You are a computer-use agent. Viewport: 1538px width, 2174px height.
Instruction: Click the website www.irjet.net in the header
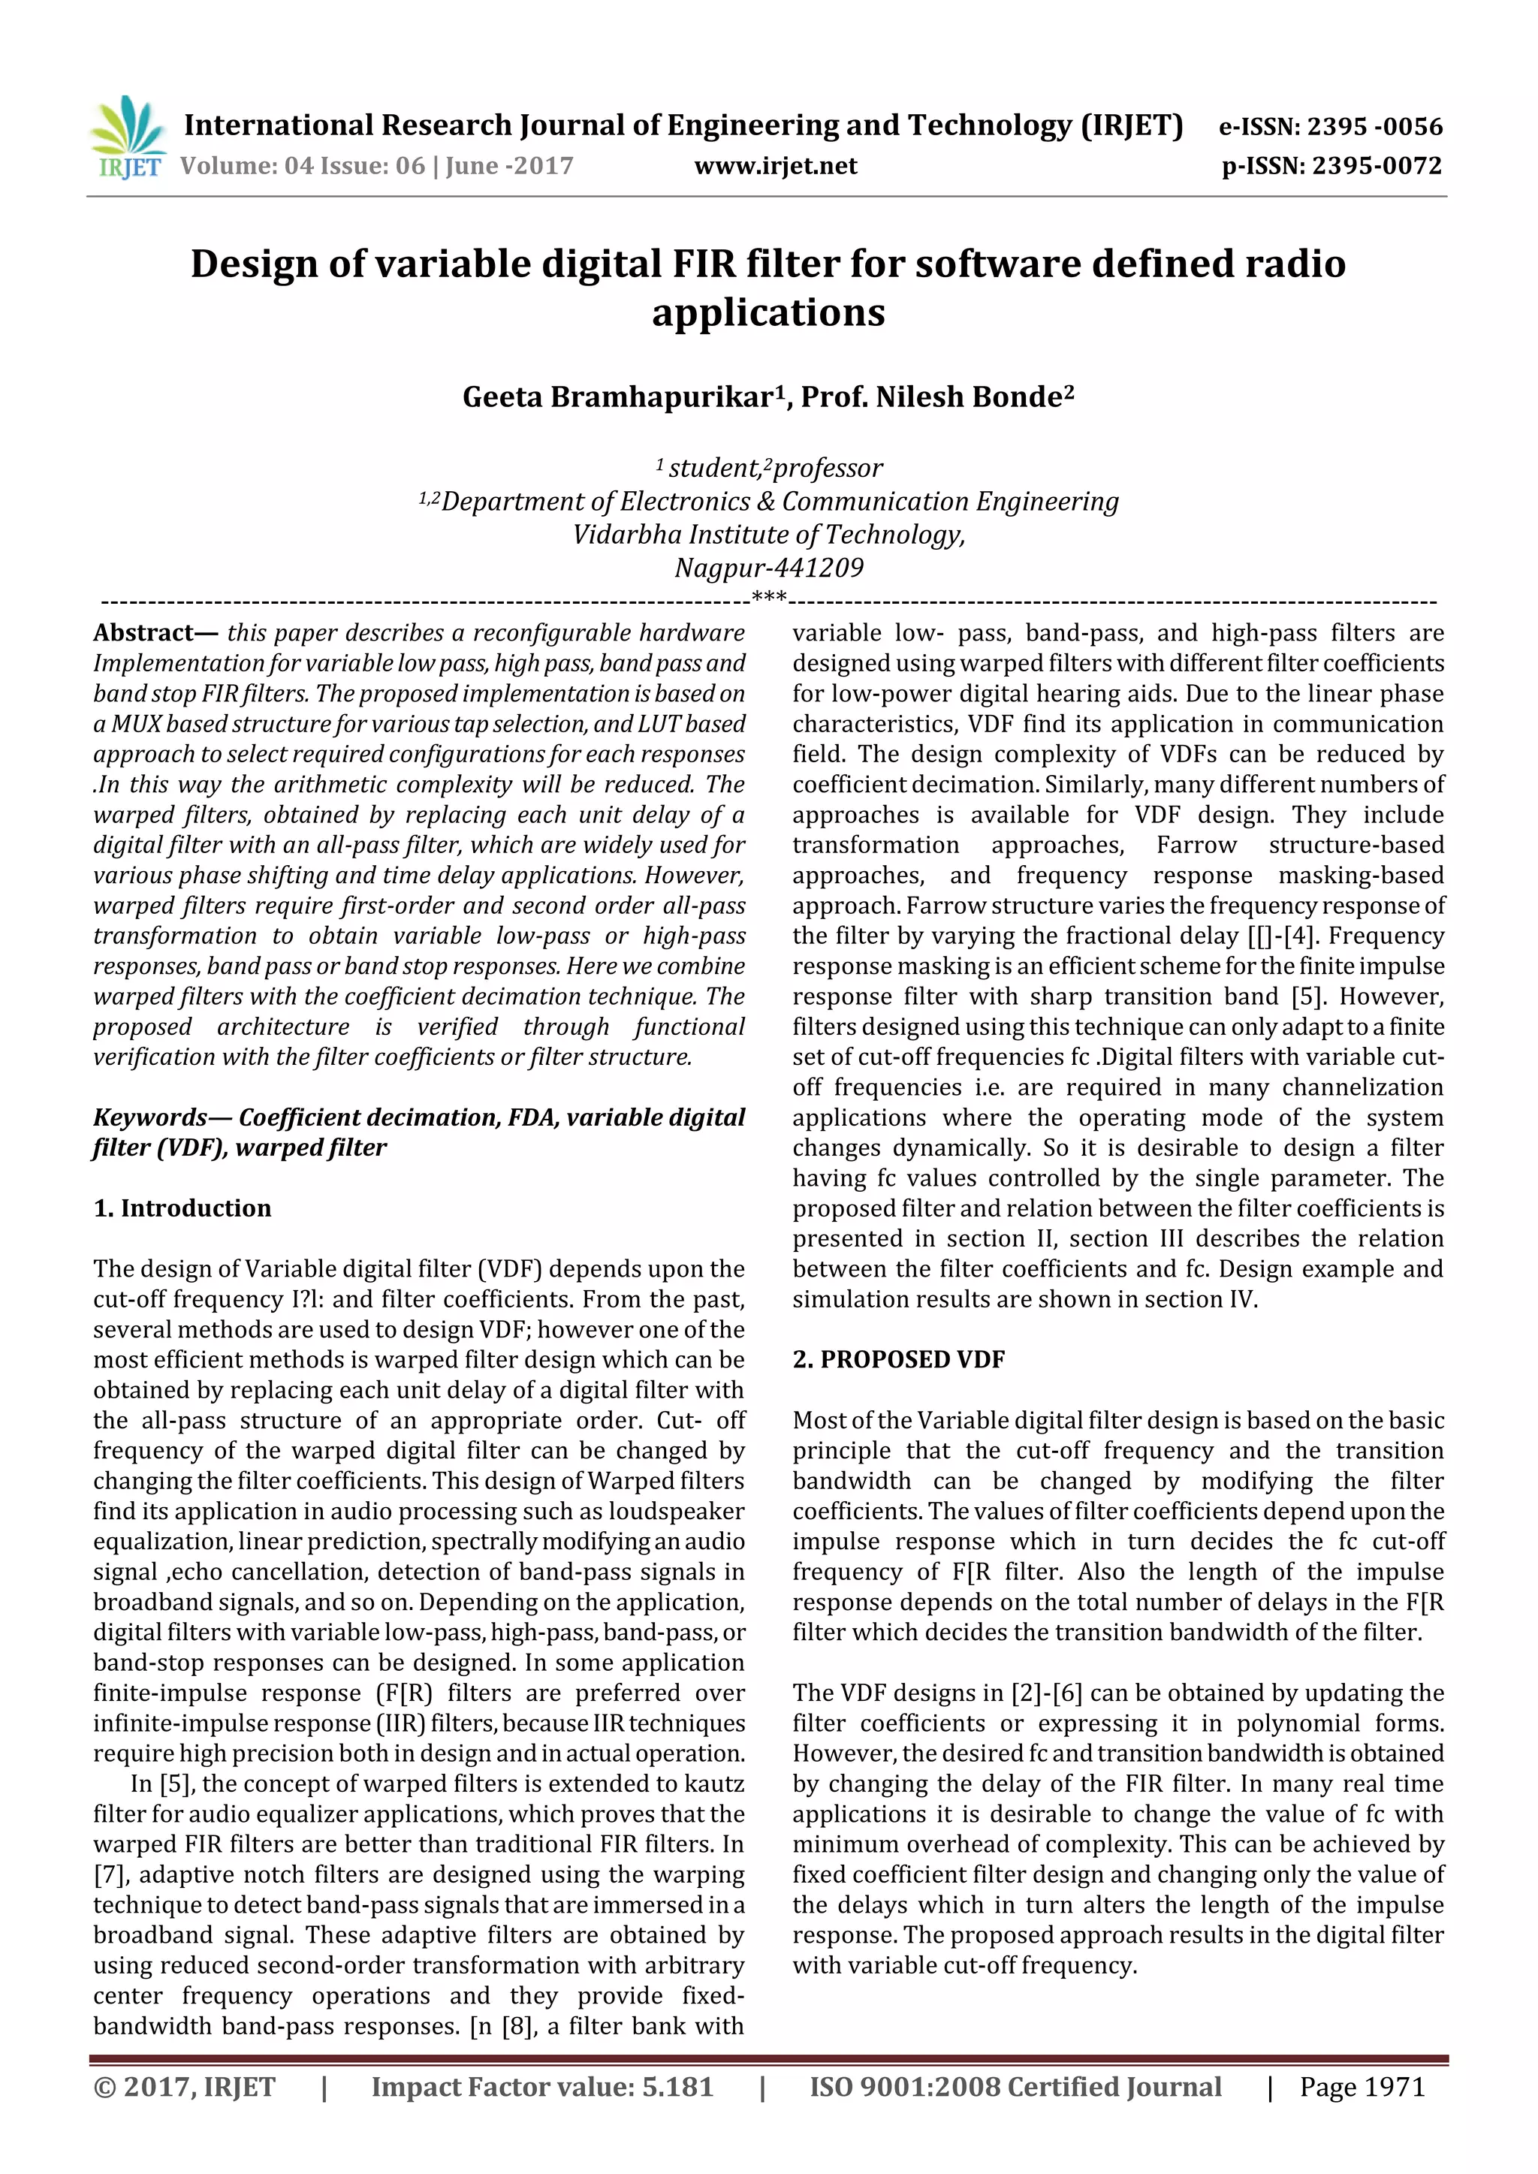(776, 166)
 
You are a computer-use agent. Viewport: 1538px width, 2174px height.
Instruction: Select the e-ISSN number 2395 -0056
(1374, 126)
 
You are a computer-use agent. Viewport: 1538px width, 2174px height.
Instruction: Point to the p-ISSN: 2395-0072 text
(1331, 166)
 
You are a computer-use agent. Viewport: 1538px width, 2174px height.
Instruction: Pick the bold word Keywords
(149, 1117)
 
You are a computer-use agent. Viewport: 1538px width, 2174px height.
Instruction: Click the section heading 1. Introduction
(182, 1208)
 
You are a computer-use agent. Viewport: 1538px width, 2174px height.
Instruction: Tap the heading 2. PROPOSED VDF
(898, 1360)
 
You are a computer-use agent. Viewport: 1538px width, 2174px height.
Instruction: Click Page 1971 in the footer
(1362, 2087)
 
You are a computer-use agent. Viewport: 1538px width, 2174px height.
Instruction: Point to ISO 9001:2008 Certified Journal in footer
(1015, 2087)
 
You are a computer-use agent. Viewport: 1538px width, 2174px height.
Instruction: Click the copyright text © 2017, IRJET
(185, 2087)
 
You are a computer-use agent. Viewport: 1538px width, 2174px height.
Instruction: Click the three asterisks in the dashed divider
(768, 598)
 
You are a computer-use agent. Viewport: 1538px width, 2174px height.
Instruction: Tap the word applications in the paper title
(768, 312)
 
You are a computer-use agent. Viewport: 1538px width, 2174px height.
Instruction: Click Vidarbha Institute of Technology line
(768, 534)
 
